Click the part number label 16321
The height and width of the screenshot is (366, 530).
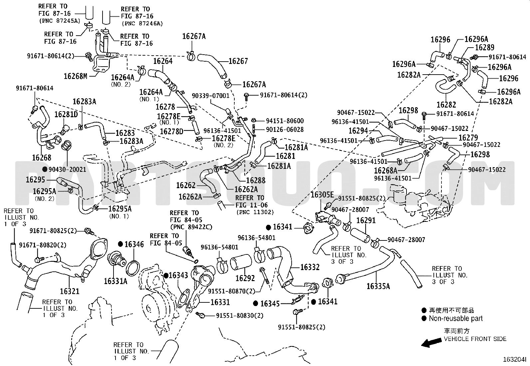70,291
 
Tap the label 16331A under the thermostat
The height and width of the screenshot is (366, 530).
116,281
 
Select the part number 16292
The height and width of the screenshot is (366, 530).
245,278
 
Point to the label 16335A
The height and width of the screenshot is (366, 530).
378,286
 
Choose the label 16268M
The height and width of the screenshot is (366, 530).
76,76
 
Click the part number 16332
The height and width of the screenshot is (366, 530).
310,267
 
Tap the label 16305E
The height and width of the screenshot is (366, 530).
322,194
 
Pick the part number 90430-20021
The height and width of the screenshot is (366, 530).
68,169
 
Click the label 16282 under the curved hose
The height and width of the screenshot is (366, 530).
446,104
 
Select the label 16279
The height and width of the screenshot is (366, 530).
468,138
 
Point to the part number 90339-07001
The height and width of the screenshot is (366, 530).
211,96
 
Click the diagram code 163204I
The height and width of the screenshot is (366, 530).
515,359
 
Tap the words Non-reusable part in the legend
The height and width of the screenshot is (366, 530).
456,318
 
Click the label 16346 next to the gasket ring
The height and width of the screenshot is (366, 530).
134,244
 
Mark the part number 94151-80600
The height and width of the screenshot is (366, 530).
285,121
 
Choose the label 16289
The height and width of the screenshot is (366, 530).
485,47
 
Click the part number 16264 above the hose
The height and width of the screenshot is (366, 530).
163,61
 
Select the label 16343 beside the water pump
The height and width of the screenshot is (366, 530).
178,275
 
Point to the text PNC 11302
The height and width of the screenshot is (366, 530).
255,212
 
